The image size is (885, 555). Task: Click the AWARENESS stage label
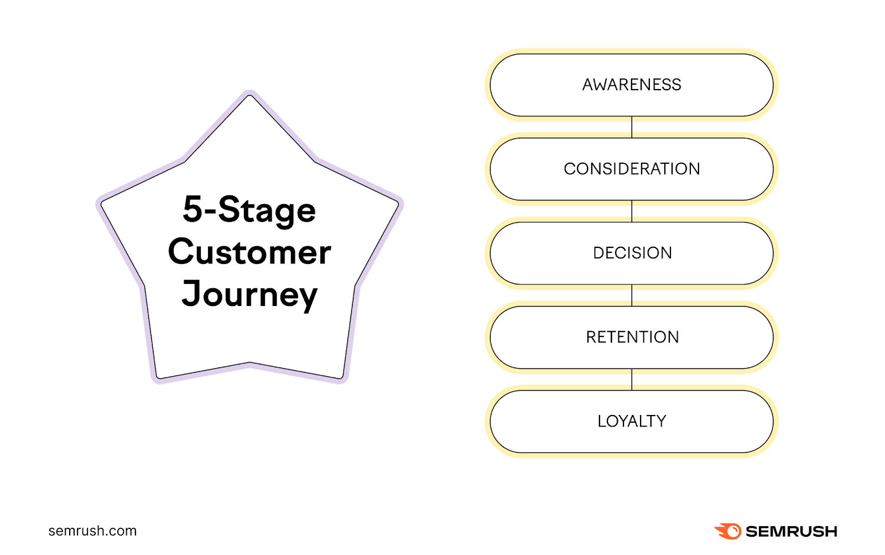coord(632,85)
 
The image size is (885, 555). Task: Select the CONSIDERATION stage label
coord(632,169)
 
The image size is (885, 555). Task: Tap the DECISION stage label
coord(632,253)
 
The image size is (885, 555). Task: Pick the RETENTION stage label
coord(632,337)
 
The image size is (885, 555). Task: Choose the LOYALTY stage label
coord(632,421)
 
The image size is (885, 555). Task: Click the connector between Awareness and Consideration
coord(632,127)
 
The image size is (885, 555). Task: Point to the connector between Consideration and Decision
coord(632,211)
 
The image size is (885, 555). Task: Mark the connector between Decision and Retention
coord(632,295)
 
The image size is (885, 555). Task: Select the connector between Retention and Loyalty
coord(632,379)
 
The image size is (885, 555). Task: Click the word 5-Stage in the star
coord(249,210)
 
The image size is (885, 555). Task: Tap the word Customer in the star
coord(249,252)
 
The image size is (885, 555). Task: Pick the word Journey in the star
coord(249,294)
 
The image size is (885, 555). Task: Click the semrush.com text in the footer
coord(92,531)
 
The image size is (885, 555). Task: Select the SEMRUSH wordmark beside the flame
coord(792,531)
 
